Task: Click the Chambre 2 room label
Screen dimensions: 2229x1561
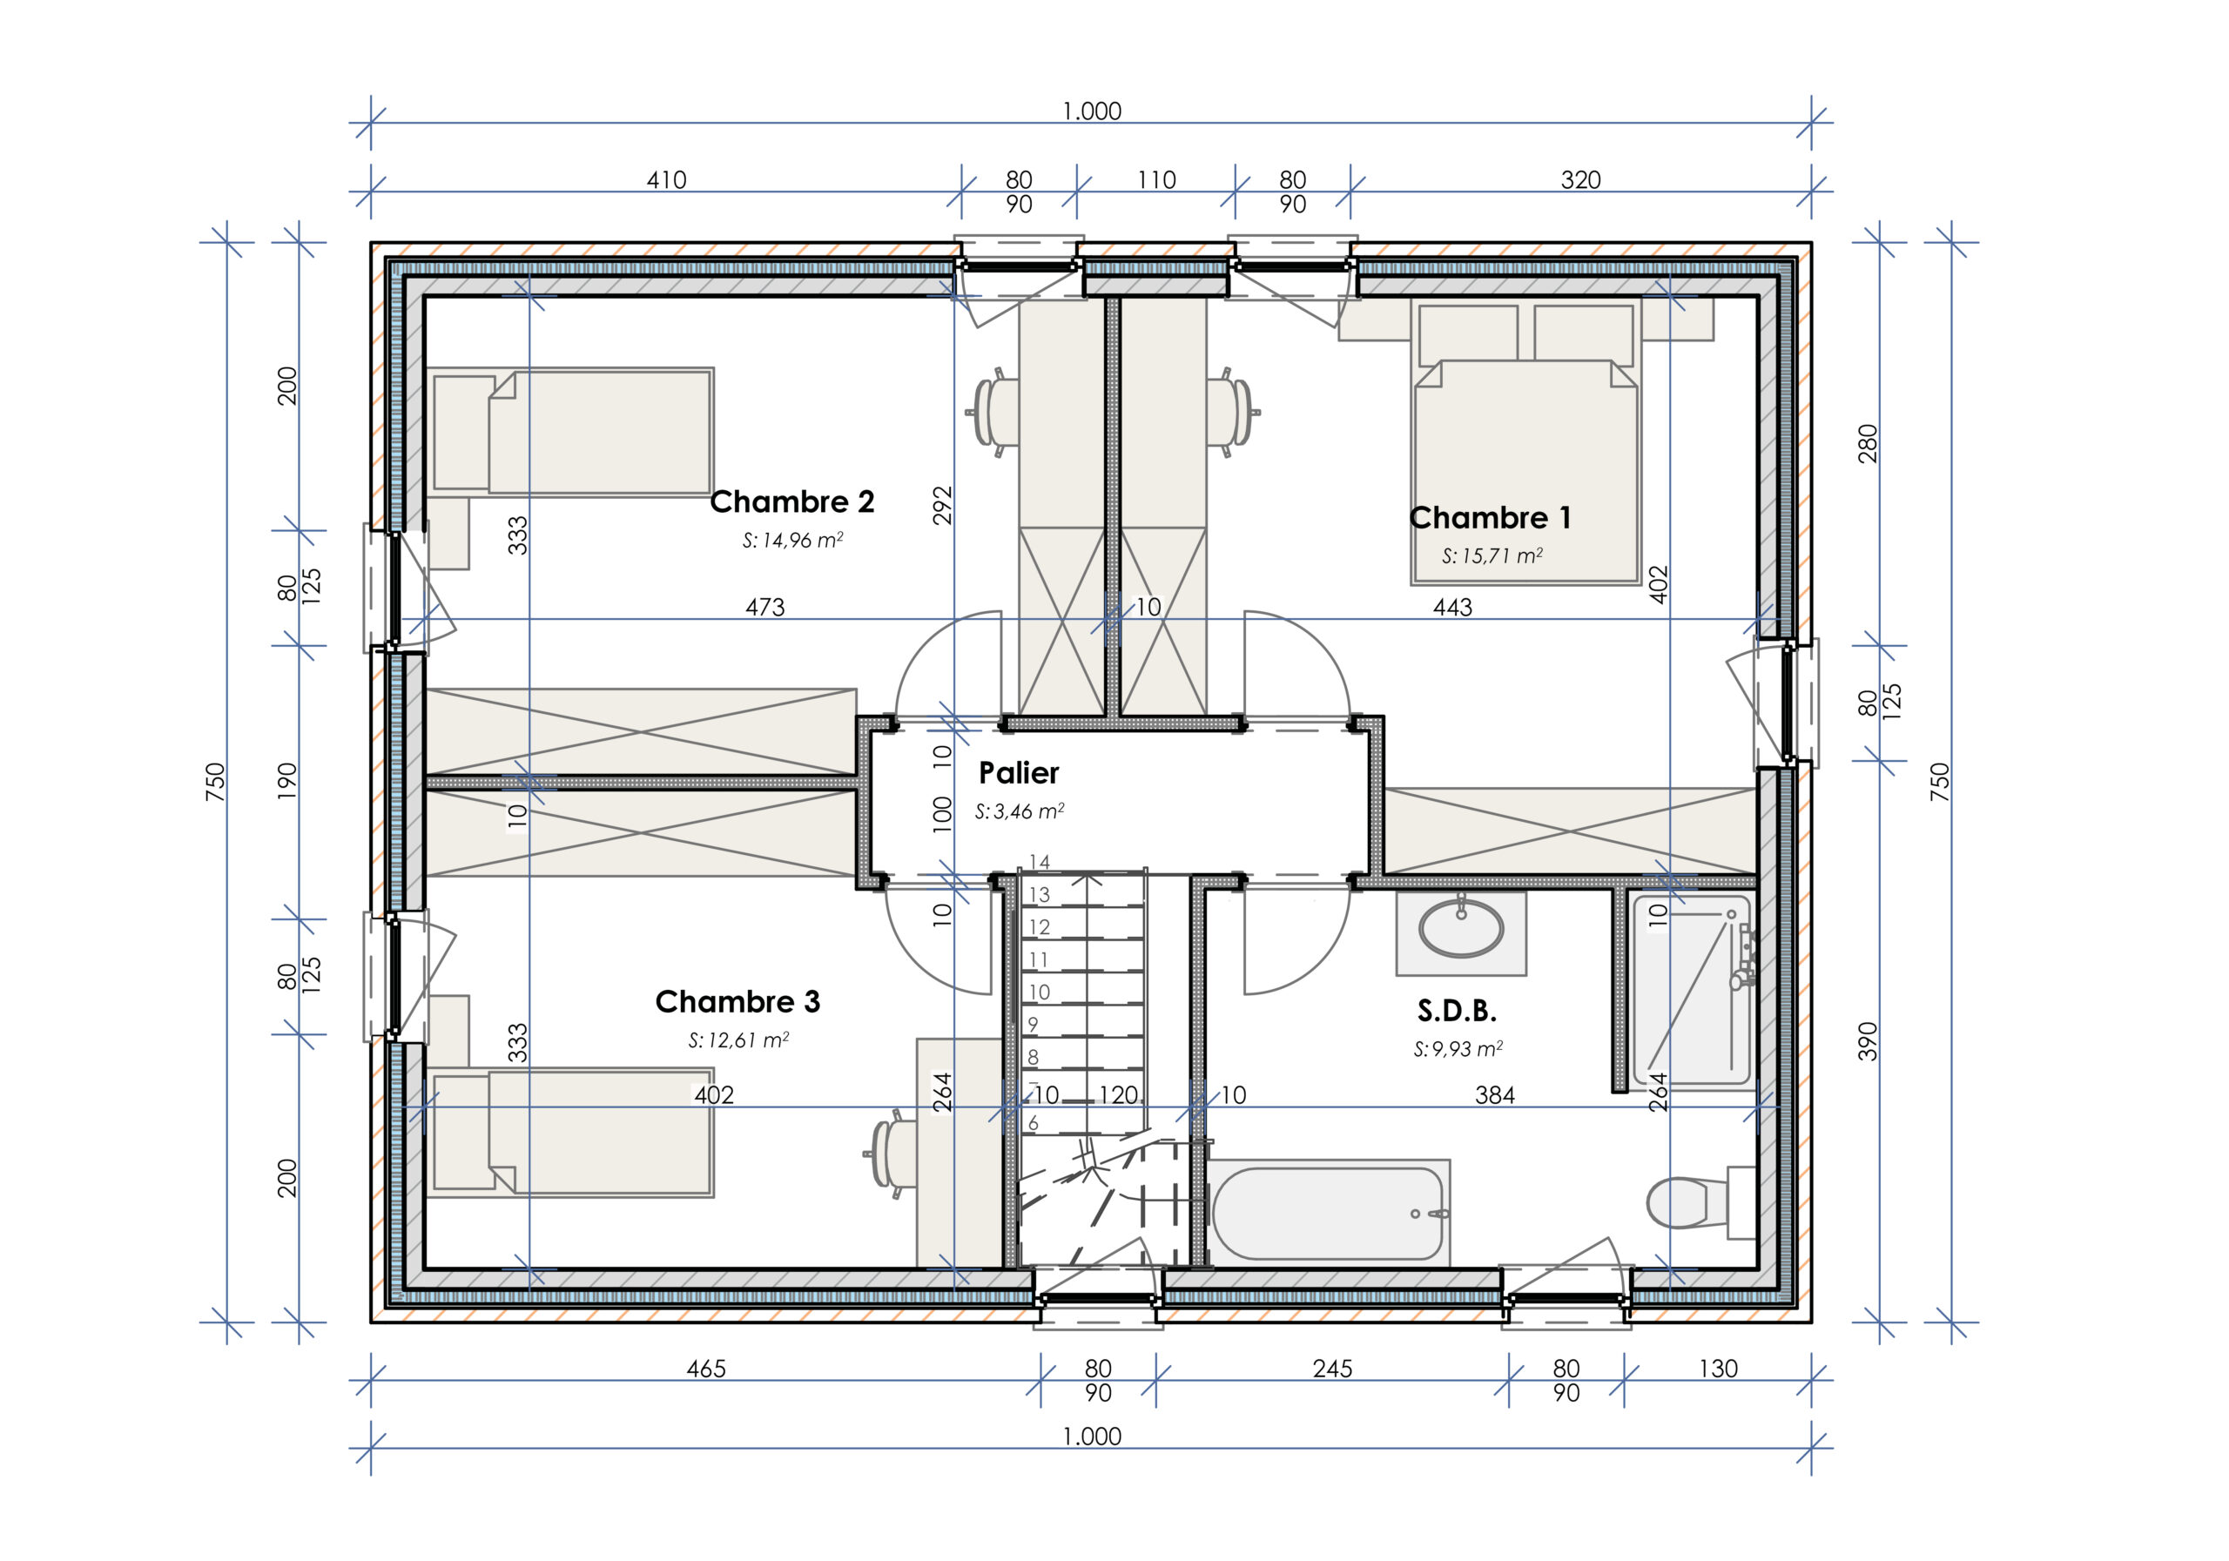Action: click(x=792, y=501)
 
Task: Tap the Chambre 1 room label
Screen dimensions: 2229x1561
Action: click(x=1489, y=517)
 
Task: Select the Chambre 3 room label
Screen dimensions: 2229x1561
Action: click(x=737, y=1001)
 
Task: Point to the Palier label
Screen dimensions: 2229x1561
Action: click(x=1019, y=773)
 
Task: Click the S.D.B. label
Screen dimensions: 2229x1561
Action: click(x=1456, y=1011)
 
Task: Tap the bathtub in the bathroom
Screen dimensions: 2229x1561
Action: click(x=1327, y=1214)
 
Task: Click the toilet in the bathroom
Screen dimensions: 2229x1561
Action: click(x=1700, y=1203)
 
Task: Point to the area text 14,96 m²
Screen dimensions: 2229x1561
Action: click(x=793, y=541)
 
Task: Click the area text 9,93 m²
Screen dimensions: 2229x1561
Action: click(x=1458, y=1049)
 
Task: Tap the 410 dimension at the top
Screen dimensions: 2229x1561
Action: click(x=666, y=179)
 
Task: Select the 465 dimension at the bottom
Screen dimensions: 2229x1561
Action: click(x=706, y=1369)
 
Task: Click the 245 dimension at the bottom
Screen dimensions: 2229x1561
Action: click(x=1332, y=1369)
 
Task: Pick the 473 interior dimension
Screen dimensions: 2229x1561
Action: click(x=765, y=608)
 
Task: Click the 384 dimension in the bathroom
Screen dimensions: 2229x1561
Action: click(x=1495, y=1096)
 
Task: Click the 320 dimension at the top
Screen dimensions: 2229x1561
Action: click(x=1580, y=179)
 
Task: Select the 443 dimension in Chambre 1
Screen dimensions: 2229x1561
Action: click(x=1452, y=608)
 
